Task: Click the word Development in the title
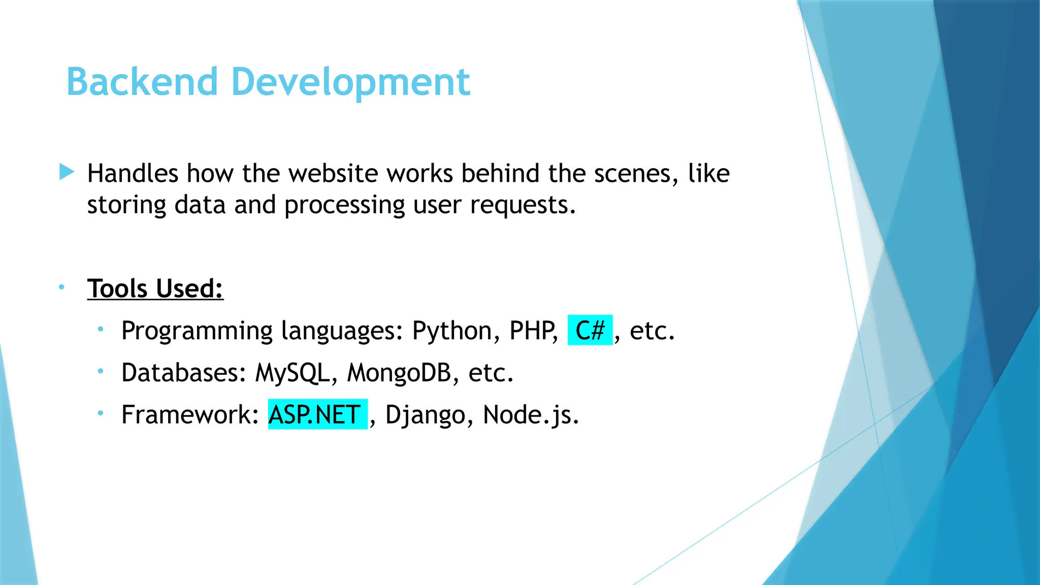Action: point(350,82)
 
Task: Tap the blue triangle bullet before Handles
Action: point(67,172)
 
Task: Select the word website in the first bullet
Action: point(334,174)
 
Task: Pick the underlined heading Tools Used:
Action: point(155,288)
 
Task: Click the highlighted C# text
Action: point(590,331)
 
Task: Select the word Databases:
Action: point(184,373)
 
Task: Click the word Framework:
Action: point(190,415)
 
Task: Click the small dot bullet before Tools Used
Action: point(61,287)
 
